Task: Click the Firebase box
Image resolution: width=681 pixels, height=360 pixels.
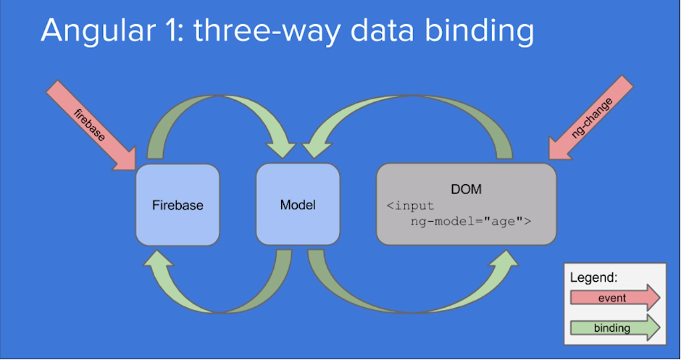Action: coord(177,205)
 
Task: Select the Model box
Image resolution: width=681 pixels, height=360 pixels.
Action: coord(298,205)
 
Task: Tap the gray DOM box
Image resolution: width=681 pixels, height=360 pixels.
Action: coord(466,205)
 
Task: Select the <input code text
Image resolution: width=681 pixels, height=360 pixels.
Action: coord(410,206)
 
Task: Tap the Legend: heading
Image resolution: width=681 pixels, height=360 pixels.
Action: coord(593,277)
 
